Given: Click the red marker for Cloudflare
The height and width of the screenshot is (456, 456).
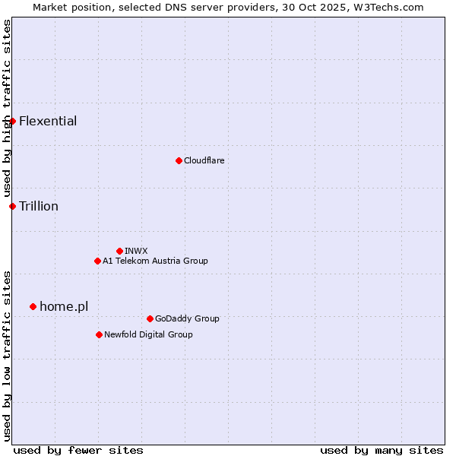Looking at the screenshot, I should [x=179, y=160].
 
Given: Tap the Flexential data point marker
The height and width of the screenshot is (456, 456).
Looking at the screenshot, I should [x=12, y=121].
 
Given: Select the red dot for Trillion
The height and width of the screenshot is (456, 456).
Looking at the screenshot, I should [x=12, y=206].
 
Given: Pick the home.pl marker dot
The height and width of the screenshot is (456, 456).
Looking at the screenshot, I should [x=33, y=306].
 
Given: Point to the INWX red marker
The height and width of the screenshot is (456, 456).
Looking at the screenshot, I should [x=119, y=251].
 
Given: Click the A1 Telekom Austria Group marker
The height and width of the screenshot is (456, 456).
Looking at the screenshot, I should [x=97, y=261].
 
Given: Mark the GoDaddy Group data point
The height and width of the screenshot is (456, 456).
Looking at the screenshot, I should [x=150, y=318].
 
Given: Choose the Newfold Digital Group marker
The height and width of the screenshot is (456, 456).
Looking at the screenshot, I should [x=99, y=334].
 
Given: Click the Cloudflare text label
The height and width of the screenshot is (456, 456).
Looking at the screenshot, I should [x=204, y=160].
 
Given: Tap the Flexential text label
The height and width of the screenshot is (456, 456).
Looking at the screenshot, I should [x=48, y=121].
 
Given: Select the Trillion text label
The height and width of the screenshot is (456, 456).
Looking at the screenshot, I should [x=39, y=206].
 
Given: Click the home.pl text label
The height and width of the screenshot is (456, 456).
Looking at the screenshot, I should [x=64, y=306].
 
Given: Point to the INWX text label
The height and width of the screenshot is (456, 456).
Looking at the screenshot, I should [x=137, y=251].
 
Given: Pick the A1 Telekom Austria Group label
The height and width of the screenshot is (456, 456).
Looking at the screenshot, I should [x=155, y=261].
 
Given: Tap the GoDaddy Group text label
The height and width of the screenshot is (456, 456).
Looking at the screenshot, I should [x=187, y=318].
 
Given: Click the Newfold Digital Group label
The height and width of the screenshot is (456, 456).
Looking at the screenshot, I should [x=148, y=334].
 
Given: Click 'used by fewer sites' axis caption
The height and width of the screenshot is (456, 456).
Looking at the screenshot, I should [x=78, y=450].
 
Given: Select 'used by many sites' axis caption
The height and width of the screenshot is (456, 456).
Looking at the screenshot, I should [x=382, y=450].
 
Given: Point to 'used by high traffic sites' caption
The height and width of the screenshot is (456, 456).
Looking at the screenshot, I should [x=7, y=109].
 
